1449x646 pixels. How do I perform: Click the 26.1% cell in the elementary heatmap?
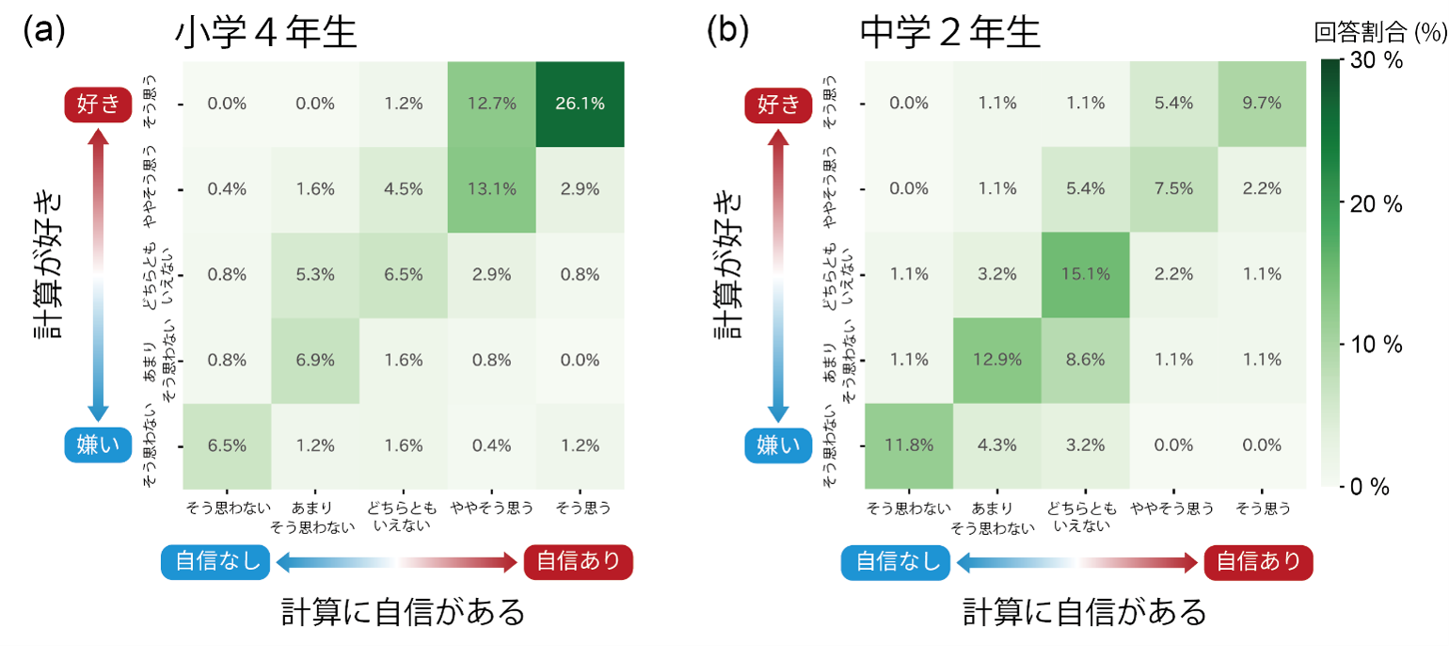(581, 104)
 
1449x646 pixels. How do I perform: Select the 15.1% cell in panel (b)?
(1084, 274)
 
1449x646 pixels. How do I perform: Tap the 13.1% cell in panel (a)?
(492, 188)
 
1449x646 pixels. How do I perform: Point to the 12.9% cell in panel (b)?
(996, 359)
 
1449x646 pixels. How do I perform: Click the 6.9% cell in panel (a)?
(315, 359)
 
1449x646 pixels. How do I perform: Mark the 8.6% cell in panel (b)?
(1084, 359)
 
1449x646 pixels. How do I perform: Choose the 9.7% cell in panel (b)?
(1261, 104)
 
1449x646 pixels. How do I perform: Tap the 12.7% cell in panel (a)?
(492, 104)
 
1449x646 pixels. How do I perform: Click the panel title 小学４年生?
(266, 34)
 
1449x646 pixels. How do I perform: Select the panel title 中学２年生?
(950, 34)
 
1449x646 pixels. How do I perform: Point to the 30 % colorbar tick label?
(1377, 62)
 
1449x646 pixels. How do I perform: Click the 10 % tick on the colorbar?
(1377, 345)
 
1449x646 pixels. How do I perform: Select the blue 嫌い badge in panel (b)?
(783, 444)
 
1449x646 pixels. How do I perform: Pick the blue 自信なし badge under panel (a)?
(216, 562)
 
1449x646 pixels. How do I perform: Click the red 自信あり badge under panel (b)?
(1259, 562)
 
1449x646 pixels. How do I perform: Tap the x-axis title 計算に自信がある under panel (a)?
(404, 612)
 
